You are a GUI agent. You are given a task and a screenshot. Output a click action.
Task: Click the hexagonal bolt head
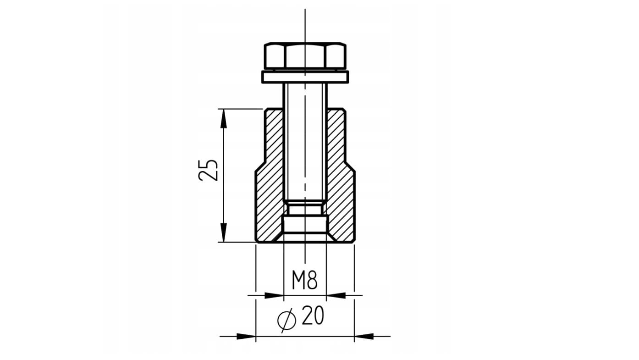tap(305, 56)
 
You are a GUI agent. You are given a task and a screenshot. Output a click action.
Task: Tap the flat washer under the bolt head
tap(305, 77)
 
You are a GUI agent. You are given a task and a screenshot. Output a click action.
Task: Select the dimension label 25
tap(208, 170)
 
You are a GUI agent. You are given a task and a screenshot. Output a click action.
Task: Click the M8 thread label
tap(304, 280)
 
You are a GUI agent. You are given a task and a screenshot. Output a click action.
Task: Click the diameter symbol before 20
tap(286, 320)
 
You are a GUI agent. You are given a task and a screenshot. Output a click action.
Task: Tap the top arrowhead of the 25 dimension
tap(223, 118)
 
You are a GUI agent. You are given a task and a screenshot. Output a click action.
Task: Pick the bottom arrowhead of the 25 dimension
tap(223, 233)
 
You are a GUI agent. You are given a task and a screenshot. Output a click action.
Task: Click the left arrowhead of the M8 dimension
tap(274, 295)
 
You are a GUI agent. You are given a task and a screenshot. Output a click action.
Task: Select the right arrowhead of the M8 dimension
tap(336, 295)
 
